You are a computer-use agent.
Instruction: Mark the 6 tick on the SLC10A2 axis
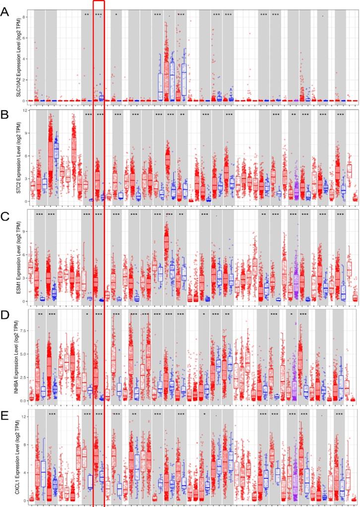(x=24, y=38)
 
